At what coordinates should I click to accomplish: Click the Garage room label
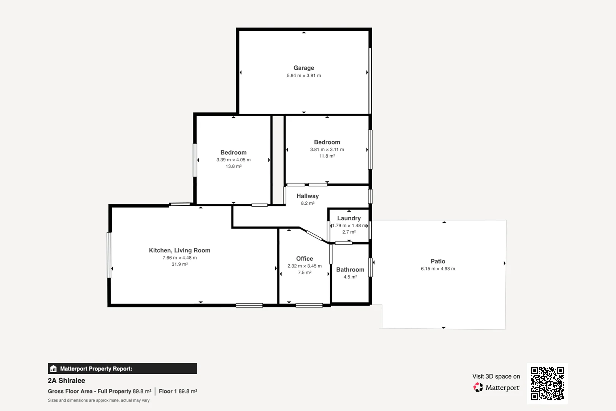click(303, 68)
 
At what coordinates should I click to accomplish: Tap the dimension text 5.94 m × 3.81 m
click(303, 76)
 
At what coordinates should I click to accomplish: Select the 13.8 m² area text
click(233, 166)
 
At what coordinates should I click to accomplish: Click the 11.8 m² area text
click(327, 156)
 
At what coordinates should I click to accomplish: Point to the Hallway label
click(307, 196)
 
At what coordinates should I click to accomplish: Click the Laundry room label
click(349, 218)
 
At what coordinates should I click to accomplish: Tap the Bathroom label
click(350, 269)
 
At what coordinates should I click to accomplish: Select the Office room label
click(304, 258)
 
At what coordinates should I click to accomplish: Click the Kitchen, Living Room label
click(179, 250)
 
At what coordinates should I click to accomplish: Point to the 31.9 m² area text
click(179, 264)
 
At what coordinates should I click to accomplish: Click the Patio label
click(438, 261)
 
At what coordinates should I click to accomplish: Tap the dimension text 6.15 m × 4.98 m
click(438, 269)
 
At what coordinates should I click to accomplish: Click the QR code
click(547, 383)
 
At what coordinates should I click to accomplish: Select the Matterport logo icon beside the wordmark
click(478, 387)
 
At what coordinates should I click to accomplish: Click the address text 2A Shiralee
click(67, 381)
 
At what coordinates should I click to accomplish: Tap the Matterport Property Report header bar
click(122, 368)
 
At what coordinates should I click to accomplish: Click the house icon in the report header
click(54, 368)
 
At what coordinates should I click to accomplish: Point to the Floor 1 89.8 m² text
click(178, 391)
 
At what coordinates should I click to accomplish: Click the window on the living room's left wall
click(109, 255)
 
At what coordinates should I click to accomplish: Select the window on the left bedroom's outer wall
click(195, 160)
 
